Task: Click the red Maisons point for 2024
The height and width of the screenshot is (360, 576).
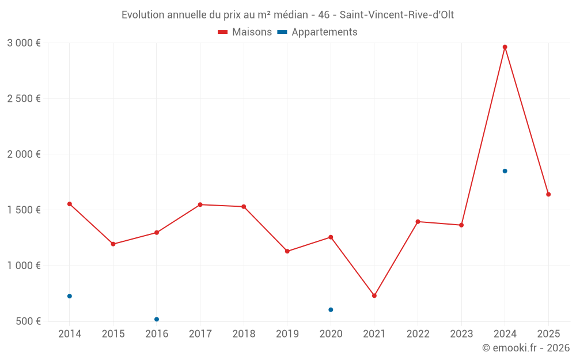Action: (x=505, y=47)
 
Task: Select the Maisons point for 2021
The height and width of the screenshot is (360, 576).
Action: (x=374, y=295)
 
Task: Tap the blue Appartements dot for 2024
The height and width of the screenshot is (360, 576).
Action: (x=505, y=171)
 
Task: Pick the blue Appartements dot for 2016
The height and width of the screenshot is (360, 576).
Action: (x=157, y=319)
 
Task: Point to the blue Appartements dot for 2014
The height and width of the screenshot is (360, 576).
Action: (x=70, y=296)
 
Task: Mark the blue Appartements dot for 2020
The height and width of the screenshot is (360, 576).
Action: (x=331, y=310)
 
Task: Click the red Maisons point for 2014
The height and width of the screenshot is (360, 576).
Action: (x=70, y=204)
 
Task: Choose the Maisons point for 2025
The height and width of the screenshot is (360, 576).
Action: (x=548, y=195)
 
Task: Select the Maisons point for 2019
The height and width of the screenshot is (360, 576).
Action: (x=287, y=251)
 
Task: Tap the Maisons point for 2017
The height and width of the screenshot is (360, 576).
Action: (x=200, y=204)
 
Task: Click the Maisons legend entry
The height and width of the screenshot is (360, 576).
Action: (x=245, y=32)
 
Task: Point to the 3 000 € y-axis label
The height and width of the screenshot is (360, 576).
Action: (x=24, y=43)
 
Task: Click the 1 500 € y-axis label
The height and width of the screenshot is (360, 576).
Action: (x=24, y=210)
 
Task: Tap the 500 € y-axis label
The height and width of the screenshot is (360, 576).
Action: (x=28, y=321)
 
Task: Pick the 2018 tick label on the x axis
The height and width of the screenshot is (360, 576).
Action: (x=244, y=334)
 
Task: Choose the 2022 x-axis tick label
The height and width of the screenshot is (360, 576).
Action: (x=418, y=334)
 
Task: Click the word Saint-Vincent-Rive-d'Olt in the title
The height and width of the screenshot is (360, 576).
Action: (x=397, y=15)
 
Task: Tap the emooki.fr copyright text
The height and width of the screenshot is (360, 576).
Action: (x=526, y=348)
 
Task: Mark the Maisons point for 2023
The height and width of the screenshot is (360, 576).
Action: (x=461, y=225)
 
